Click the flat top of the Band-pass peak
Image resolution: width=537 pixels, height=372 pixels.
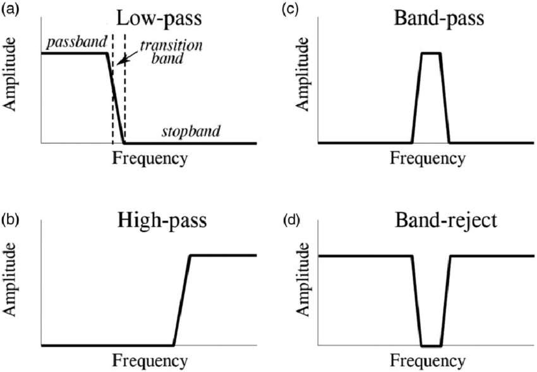pyautogui.click(x=431, y=53)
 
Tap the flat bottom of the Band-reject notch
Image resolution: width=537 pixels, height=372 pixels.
pyautogui.click(x=431, y=346)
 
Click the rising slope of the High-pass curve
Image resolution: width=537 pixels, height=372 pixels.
pyautogui.click(x=181, y=301)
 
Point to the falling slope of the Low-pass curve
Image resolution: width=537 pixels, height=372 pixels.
pyautogui.click(x=114, y=98)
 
